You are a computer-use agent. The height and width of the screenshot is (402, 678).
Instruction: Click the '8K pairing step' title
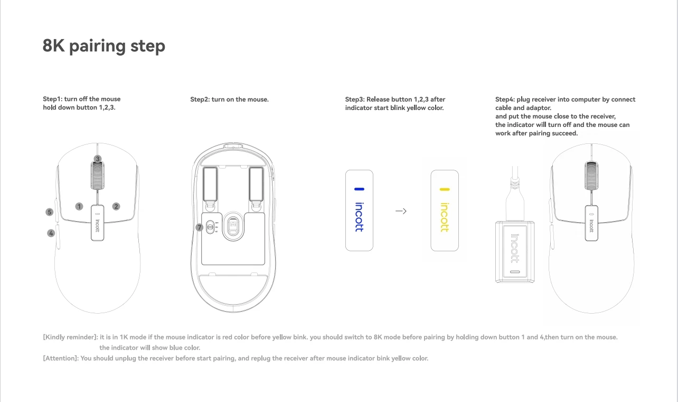(104, 46)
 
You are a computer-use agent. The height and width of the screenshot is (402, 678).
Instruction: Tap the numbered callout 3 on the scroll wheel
(98, 159)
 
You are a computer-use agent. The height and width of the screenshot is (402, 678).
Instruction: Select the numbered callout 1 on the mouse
(79, 206)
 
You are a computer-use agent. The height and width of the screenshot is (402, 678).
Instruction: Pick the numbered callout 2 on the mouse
(116, 206)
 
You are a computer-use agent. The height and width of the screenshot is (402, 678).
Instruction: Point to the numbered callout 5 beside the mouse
(50, 212)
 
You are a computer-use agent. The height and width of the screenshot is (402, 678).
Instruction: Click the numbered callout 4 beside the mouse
(51, 233)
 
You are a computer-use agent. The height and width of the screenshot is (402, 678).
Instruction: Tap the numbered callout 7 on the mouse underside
(199, 227)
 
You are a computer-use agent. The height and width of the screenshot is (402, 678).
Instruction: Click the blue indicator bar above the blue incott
(359, 189)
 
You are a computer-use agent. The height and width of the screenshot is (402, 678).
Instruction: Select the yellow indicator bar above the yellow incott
(444, 189)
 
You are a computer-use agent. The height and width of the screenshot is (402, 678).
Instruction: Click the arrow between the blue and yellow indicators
(401, 211)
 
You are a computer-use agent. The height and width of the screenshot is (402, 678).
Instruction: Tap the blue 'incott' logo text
(359, 217)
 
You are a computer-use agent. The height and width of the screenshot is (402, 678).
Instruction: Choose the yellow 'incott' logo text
(444, 217)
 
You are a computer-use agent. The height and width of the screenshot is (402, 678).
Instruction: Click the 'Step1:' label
(52, 99)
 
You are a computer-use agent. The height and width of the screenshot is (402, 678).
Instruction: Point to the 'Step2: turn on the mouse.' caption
(229, 99)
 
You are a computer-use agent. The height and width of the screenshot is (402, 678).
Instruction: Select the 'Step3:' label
(355, 99)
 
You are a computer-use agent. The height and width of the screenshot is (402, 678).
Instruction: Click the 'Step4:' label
(505, 99)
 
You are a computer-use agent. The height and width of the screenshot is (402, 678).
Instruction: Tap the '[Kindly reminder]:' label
(70, 337)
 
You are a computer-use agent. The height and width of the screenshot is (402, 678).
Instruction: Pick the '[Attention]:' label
(61, 358)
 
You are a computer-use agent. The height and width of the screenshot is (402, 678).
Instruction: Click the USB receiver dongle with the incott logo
(515, 251)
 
